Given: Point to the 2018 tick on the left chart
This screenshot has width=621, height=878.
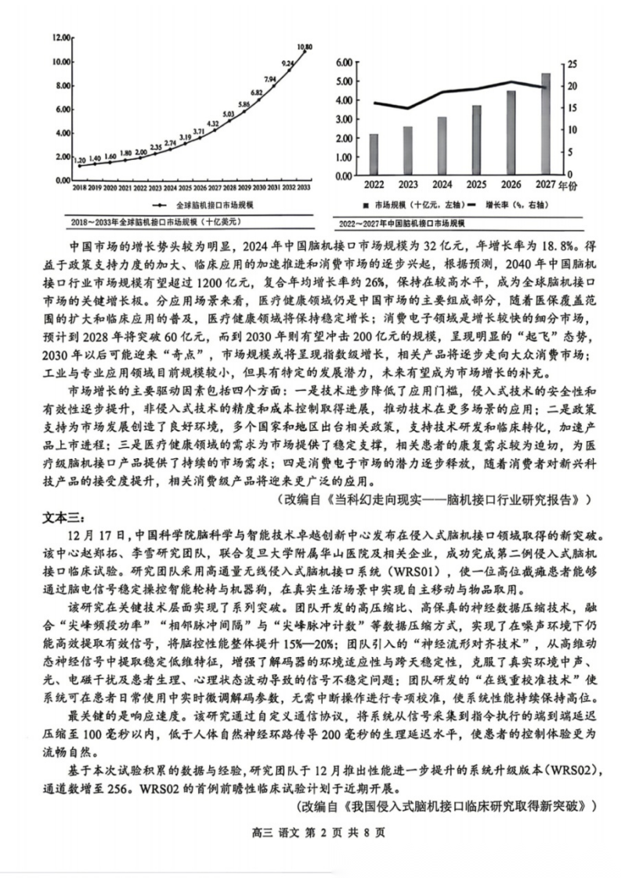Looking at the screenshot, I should pos(79,189).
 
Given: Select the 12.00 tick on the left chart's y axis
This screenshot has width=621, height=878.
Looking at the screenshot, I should pos(62,38).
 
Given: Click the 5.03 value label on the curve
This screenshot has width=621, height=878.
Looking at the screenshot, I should pos(228,114).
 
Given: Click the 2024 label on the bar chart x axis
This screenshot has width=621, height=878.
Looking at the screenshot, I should pos(442,186).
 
